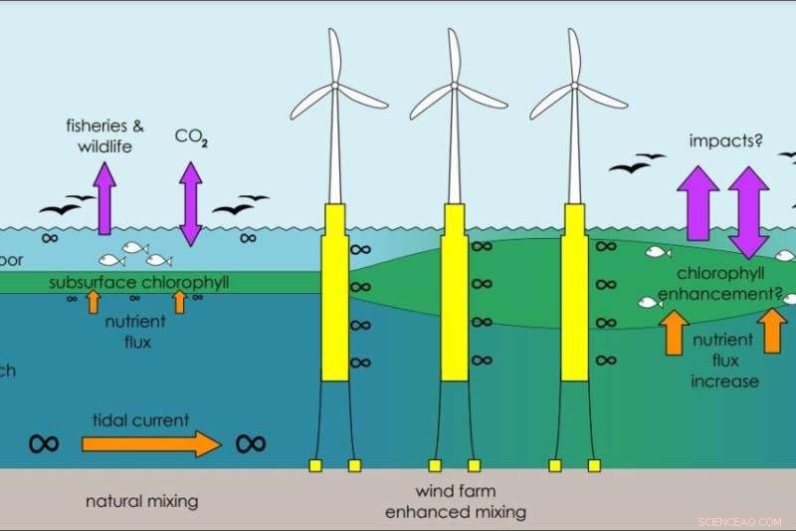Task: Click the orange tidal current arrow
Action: click(x=149, y=443)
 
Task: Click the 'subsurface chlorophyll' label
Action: click(x=139, y=283)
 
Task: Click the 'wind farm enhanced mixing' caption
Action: click(x=455, y=502)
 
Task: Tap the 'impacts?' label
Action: click(x=725, y=141)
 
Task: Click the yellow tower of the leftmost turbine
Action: click(x=335, y=294)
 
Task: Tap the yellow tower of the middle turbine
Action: click(x=455, y=294)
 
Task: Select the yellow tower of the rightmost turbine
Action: click(x=574, y=294)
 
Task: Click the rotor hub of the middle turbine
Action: click(x=455, y=87)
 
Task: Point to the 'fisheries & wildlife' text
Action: click(x=104, y=136)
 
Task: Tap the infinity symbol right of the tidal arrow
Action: click(x=251, y=443)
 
